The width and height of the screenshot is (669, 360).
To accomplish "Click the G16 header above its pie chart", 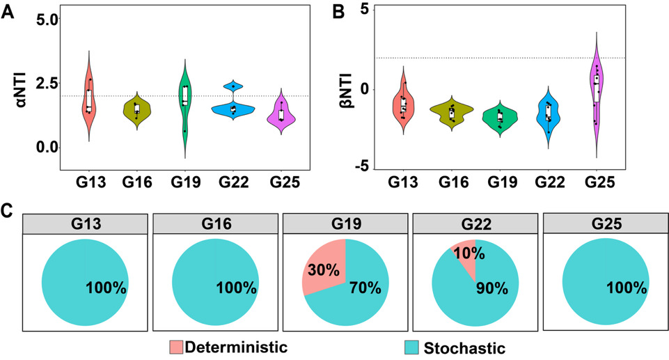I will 215,224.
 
